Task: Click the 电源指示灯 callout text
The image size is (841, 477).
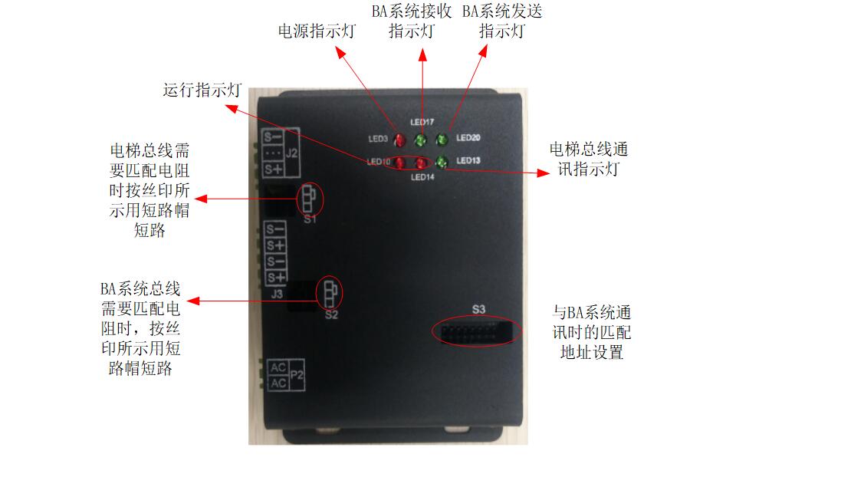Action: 317,31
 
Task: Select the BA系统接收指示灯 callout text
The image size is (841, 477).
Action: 412,21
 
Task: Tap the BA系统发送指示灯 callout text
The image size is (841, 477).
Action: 502,21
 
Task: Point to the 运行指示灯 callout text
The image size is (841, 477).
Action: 202,90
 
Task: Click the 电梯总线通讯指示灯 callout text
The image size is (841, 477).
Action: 588,159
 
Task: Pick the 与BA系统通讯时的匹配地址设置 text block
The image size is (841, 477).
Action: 592,332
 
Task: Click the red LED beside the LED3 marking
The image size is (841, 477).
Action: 399,140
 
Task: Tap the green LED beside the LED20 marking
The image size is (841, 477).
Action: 442,140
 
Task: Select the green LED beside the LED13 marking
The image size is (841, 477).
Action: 442,162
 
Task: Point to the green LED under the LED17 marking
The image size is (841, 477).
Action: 420,140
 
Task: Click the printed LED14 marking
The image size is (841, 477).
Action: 422,177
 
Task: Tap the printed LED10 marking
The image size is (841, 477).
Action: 379,162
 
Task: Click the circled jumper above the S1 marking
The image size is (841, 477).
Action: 308,199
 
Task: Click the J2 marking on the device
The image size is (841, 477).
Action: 291,153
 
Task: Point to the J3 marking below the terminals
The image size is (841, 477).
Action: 277,294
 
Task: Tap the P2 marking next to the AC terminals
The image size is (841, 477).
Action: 297,375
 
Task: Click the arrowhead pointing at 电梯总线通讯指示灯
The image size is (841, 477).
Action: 543,173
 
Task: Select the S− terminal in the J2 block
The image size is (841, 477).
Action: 273,137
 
